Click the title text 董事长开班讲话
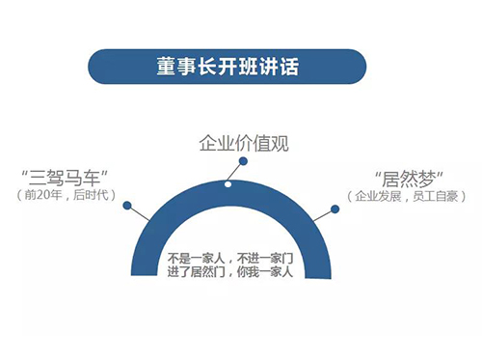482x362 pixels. pos(228,67)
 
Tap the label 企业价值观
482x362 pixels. pos(244,143)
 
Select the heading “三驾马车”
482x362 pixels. pos(65,178)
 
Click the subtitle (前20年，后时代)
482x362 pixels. pos(66,195)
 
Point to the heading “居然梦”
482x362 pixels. pos(410,180)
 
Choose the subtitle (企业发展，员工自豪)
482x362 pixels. pos(407,196)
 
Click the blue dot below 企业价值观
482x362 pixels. pos(243,161)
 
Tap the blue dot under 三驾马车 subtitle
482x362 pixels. pos(127,206)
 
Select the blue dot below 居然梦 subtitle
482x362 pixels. pos(335,209)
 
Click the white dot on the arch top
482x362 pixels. pos(228,184)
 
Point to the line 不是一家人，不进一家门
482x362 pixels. pos(230,258)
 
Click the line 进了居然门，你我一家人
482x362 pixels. pos(230,272)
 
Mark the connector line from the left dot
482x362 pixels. pos(139,213)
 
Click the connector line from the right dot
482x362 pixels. pos(323,216)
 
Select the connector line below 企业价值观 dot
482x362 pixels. pos(234,172)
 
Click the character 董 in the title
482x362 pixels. pos(167,67)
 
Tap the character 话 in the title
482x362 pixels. pos(289,67)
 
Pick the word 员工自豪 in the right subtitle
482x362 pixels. pos(436,196)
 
